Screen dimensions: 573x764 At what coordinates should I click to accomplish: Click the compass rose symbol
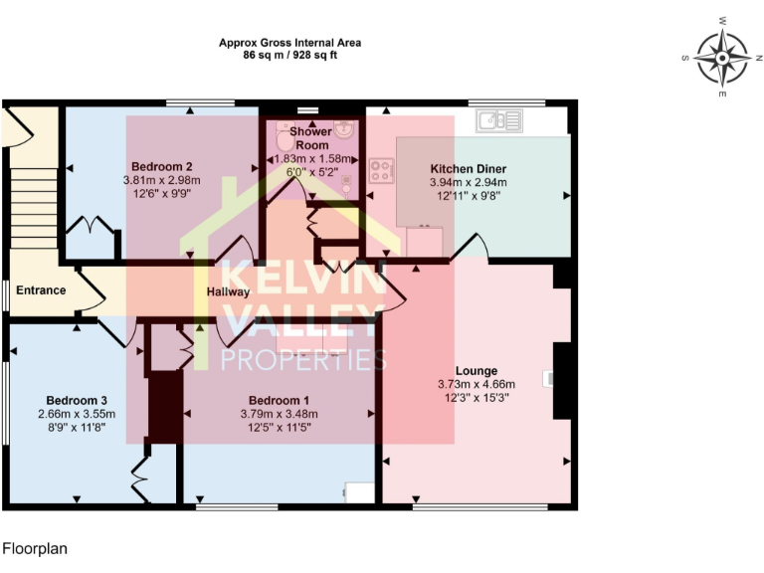pos(721,57)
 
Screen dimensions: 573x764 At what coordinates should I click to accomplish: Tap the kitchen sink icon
pos(499,121)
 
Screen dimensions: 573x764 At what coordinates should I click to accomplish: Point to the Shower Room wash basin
pos(344,129)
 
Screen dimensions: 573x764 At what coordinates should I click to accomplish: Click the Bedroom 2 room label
pos(161,166)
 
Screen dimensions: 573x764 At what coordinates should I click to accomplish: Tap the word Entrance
pos(41,290)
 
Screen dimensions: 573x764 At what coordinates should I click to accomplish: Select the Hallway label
pos(228,292)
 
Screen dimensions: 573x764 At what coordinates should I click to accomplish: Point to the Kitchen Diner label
pos(468,169)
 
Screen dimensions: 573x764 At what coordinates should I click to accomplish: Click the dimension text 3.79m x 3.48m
pos(279,415)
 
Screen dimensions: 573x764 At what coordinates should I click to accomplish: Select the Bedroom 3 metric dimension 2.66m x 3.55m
pos(77,415)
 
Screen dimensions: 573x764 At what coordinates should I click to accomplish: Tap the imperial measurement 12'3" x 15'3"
pos(476,397)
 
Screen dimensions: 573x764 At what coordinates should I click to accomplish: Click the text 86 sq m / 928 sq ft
pos(289,56)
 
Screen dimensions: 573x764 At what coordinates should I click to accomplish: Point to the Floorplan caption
pos(34,548)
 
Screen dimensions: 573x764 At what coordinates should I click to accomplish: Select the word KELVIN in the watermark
pos(302,280)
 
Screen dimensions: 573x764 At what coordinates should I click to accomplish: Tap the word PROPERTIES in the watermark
pos(302,359)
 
